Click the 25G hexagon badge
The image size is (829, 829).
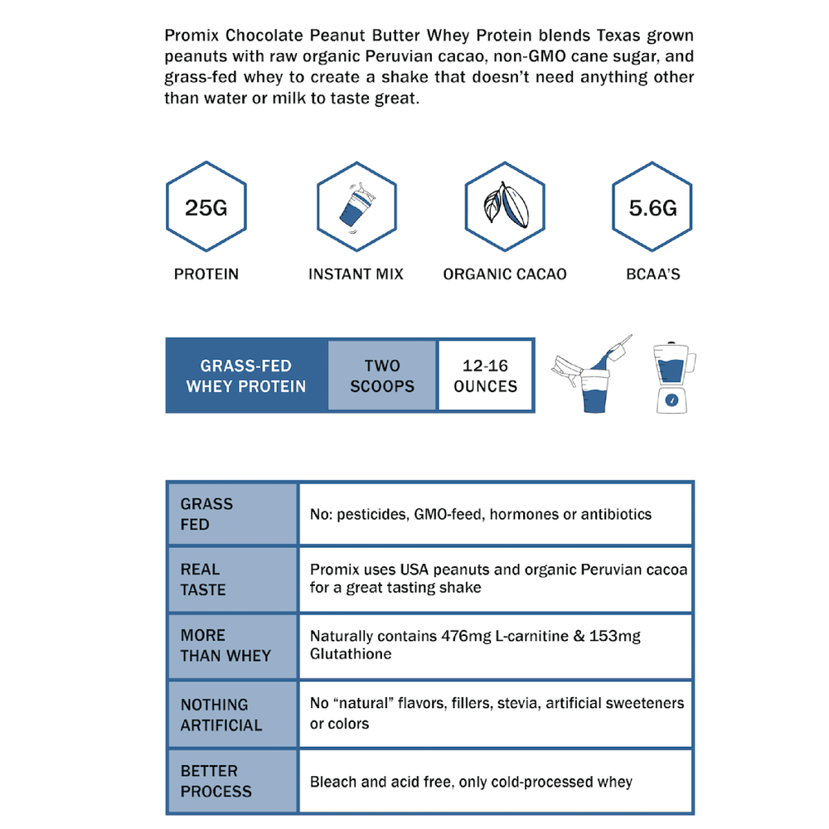tap(206, 206)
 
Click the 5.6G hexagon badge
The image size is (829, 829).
tap(652, 206)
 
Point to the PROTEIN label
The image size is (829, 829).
tap(206, 274)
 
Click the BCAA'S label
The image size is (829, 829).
tap(653, 274)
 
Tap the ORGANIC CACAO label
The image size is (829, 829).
tap(505, 274)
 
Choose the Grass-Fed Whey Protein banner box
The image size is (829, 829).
tap(246, 376)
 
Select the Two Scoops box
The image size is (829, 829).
tap(382, 376)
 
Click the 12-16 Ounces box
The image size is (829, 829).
tap(486, 376)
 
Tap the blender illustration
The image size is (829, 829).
tap(671, 377)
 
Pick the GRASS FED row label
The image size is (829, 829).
tap(206, 514)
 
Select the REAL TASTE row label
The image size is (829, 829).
tap(203, 579)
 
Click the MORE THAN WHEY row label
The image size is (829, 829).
tap(225, 645)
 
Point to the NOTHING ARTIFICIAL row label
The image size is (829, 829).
tap(221, 715)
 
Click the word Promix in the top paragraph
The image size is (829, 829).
tap(193, 36)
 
